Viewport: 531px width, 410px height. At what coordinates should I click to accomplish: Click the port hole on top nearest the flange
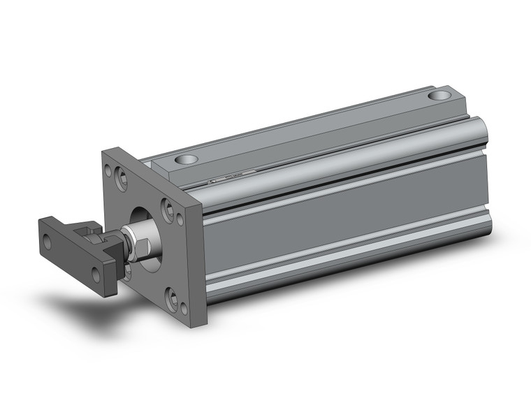tap(187, 160)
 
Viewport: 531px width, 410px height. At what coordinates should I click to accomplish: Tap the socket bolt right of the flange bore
tap(168, 207)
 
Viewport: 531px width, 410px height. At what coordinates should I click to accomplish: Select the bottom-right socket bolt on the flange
tap(171, 298)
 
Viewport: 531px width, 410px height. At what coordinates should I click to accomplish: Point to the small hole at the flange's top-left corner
tap(108, 168)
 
